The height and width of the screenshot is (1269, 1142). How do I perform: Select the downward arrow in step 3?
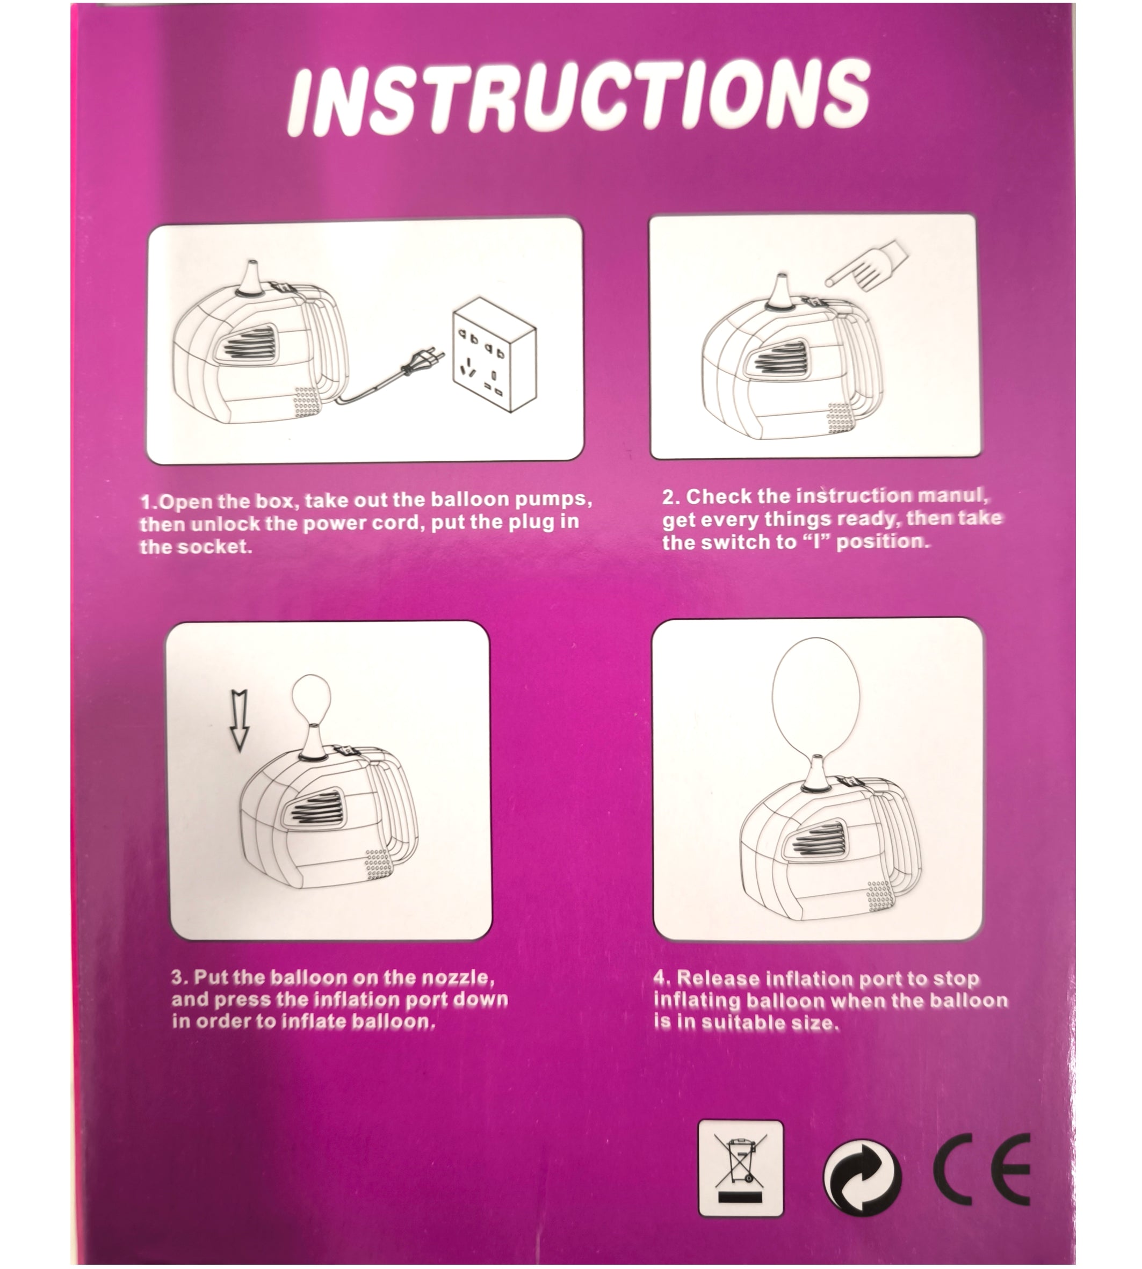pos(240,720)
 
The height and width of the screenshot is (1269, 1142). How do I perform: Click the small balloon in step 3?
pos(311,699)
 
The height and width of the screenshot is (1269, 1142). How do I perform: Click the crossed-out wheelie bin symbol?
pos(740,1168)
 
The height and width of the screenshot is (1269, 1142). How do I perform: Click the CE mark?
pos(982,1169)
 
